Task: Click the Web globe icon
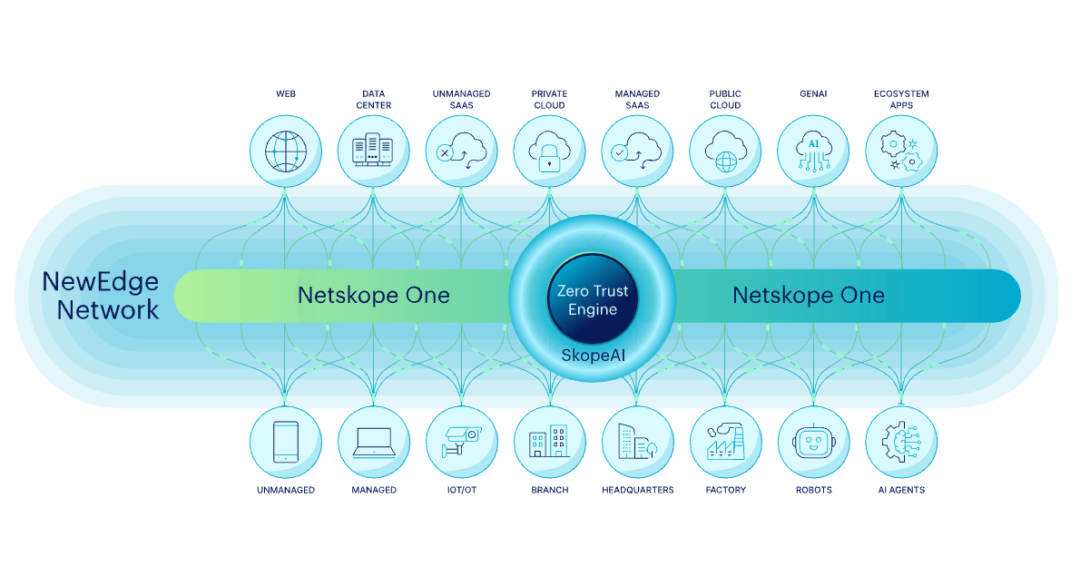point(285,151)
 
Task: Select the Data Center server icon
point(373,151)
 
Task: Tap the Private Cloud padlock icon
point(549,151)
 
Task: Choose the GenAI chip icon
point(813,151)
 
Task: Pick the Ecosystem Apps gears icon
point(901,151)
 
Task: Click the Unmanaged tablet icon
point(285,442)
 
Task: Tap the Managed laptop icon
point(373,442)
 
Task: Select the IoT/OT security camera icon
point(461,442)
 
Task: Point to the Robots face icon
point(813,442)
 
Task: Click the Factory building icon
point(725,442)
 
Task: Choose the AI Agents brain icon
point(901,442)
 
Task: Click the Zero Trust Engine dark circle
point(593,298)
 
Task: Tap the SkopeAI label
point(593,355)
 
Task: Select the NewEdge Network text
point(101,296)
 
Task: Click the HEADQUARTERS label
point(637,490)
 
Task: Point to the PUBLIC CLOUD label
point(725,99)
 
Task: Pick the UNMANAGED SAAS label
point(461,99)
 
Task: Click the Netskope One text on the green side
point(373,296)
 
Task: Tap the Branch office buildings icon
point(549,442)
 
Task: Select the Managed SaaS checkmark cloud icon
point(637,151)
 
